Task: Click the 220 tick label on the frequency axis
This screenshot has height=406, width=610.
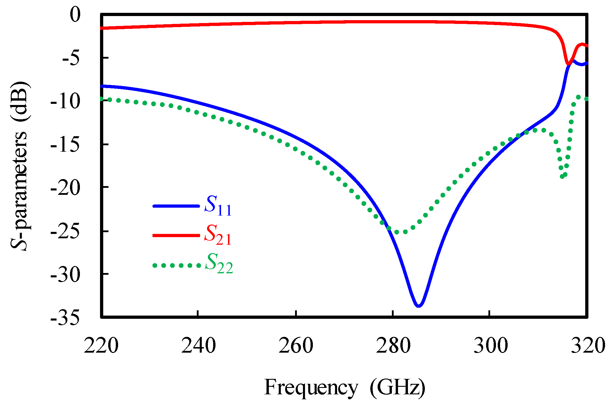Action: (x=101, y=346)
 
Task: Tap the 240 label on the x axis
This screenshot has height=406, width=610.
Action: (x=198, y=346)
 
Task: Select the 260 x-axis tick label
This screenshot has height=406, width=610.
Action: (x=296, y=346)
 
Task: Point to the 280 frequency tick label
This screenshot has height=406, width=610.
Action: (x=393, y=346)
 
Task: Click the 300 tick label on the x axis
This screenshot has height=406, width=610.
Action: (x=490, y=346)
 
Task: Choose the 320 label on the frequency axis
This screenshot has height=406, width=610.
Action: (x=587, y=346)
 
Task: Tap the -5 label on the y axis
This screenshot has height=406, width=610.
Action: (x=71, y=58)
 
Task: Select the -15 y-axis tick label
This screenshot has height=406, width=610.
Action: (x=65, y=145)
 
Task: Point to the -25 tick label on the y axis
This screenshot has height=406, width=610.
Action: (x=65, y=232)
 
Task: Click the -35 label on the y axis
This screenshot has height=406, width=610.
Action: (x=65, y=317)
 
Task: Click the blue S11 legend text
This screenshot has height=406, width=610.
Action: (x=218, y=206)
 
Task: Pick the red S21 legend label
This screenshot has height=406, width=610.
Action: (x=218, y=235)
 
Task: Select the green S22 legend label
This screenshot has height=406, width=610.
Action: (x=219, y=264)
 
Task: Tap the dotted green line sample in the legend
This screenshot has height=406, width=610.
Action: (x=177, y=265)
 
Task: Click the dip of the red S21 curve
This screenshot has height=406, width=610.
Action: (x=568, y=64)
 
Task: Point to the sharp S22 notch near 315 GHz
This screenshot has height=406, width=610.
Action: (x=562, y=176)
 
